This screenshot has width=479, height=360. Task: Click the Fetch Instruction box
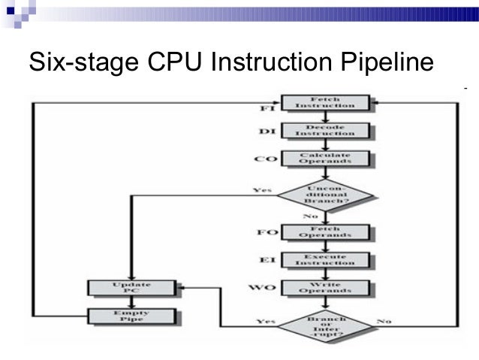324,104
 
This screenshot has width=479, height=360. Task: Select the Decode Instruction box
324,131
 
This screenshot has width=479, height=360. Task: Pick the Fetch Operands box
324,233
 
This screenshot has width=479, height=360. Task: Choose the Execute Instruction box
324,260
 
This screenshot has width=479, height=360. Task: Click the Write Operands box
324,288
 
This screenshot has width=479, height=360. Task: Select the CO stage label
265,160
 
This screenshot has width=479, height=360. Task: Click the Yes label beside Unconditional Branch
263,190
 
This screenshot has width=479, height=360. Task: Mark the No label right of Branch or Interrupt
384,321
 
